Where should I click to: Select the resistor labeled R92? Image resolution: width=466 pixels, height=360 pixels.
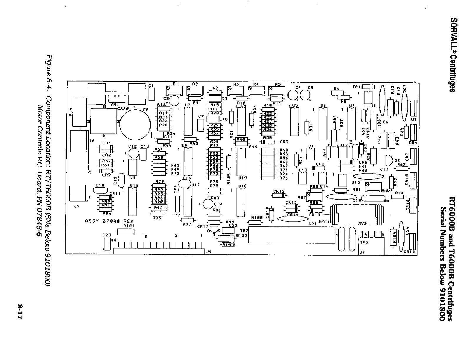pyautogui.click(x=159, y=208)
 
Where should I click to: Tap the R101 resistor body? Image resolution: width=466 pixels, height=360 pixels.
pyautogui.click(x=126, y=232)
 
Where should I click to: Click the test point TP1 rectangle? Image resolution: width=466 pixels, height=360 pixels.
pyautogui.click(x=368, y=86)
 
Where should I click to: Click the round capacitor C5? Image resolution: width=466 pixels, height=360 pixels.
pyautogui.click(x=305, y=95)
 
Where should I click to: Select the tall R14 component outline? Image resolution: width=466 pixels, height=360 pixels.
pyautogui.click(x=79, y=113)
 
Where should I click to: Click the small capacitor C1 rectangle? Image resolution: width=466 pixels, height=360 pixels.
pyautogui.click(x=152, y=94)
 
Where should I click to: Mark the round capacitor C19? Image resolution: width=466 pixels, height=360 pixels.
pyautogui.click(x=208, y=204)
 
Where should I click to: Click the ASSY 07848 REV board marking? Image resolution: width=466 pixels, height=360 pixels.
pyautogui.click(x=109, y=221)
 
